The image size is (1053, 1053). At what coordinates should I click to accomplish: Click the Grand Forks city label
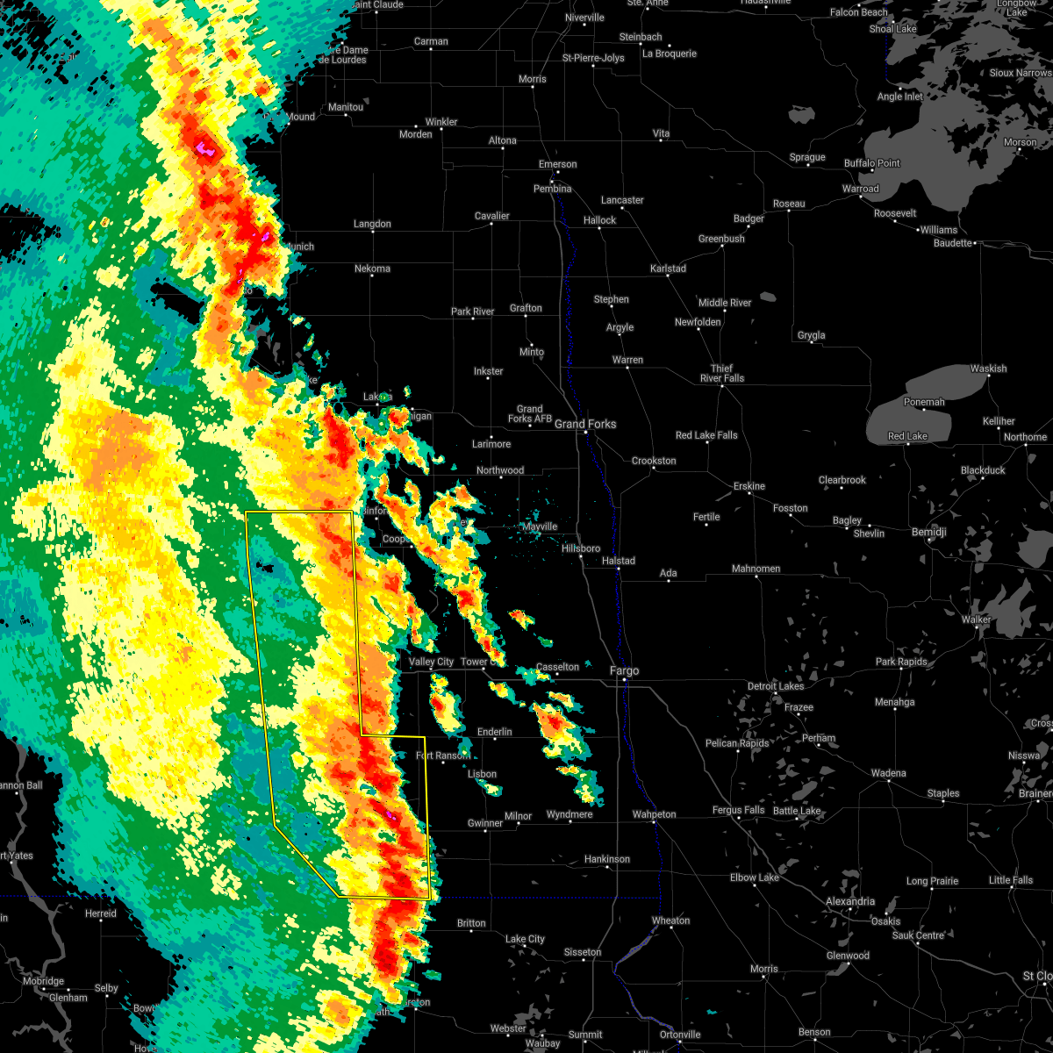[585, 424]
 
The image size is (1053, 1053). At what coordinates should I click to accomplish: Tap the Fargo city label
[624, 671]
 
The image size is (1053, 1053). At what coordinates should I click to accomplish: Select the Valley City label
[431, 662]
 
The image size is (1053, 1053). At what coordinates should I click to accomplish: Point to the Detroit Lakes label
[775, 686]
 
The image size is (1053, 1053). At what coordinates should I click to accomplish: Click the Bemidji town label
[928, 533]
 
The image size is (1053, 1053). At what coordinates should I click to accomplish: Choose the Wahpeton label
[654, 814]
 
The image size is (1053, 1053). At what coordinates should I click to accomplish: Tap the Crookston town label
[654, 461]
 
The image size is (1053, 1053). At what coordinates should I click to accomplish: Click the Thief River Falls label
[721, 374]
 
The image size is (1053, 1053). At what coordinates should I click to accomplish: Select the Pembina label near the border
[552, 189]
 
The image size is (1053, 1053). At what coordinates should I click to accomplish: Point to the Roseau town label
[789, 204]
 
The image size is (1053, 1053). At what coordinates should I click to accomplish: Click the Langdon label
[372, 224]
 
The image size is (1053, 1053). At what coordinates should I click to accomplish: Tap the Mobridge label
[43, 981]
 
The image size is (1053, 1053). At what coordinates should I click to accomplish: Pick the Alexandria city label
[849, 901]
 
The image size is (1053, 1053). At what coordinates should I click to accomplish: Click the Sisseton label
[582, 952]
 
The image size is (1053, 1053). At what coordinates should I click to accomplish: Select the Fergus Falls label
[738, 810]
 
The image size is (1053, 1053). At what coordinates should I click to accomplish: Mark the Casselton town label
[558, 667]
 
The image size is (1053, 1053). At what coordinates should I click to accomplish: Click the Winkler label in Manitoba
[441, 122]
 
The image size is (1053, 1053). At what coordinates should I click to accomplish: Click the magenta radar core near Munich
[265, 236]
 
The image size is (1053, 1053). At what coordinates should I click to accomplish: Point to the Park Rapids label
[901, 662]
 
